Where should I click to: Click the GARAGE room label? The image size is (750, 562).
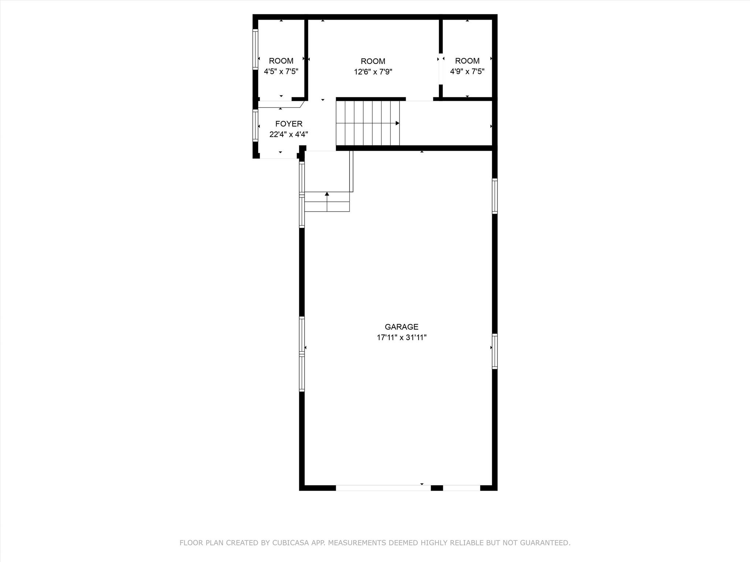coord(401,327)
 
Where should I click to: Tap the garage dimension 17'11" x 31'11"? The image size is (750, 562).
coord(401,337)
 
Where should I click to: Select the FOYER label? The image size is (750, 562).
coord(289,124)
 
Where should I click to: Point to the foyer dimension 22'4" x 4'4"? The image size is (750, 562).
coord(289,134)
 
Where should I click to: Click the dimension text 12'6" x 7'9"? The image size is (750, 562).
coord(373,72)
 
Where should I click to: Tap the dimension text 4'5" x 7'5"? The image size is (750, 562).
coord(281,71)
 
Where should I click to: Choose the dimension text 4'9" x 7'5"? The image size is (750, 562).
coord(467,71)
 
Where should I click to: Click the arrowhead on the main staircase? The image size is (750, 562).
coord(397,123)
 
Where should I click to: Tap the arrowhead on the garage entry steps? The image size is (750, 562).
coord(327,194)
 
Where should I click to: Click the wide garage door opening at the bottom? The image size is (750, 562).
coord(383,488)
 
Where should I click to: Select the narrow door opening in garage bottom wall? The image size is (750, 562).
coord(461,488)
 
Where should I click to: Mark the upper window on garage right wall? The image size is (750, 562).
coord(494,196)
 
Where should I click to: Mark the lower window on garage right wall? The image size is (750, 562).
coord(494,351)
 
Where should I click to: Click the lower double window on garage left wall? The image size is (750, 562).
coord(302,354)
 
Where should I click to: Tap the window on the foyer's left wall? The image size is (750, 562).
coord(255,125)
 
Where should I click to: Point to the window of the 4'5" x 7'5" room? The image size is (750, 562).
coord(255,49)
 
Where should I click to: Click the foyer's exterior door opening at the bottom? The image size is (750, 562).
coord(278,156)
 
